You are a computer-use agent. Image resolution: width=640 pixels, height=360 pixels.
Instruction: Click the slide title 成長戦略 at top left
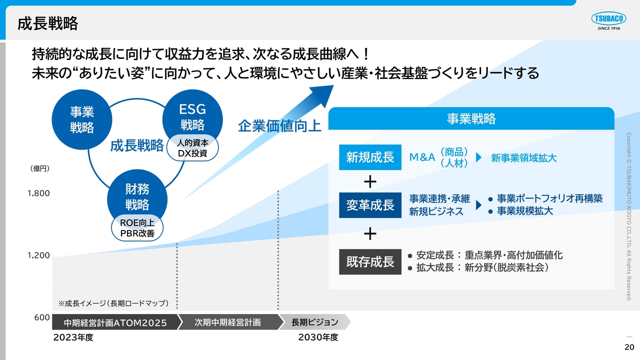[47, 23]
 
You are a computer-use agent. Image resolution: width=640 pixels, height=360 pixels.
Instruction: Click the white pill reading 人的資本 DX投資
[192, 148]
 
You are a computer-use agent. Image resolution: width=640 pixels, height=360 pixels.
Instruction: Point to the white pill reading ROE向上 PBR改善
[137, 227]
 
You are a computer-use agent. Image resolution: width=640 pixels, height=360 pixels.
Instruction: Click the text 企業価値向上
[279, 126]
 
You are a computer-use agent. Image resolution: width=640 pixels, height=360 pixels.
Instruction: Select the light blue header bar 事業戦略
[471, 118]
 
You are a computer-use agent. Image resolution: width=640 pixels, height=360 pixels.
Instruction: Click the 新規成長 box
[370, 157]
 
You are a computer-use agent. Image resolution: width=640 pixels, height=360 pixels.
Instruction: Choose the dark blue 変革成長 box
[370, 205]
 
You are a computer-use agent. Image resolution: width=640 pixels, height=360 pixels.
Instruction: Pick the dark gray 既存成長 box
[370, 261]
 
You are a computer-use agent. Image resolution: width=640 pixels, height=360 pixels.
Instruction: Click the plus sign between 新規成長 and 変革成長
[370, 181]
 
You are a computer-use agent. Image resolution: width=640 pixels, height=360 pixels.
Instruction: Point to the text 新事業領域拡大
[523, 158]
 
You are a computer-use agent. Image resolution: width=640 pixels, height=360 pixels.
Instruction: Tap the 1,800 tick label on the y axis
[38, 193]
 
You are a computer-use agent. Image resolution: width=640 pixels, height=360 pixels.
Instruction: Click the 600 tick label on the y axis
[42, 317]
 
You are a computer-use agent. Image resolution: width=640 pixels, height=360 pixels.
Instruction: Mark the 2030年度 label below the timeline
[318, 337]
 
